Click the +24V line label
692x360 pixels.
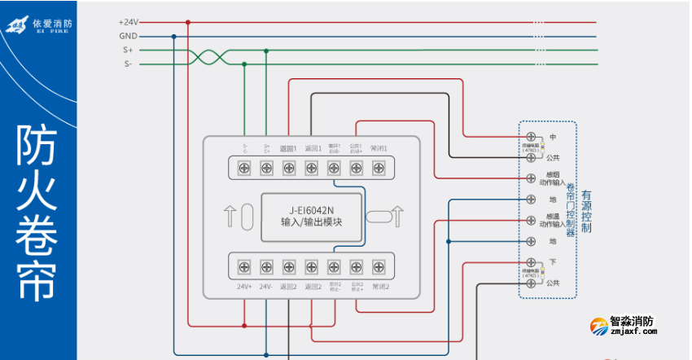pos(129,23)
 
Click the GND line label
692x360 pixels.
pos(129,37)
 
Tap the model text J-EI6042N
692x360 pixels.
pos(311,209)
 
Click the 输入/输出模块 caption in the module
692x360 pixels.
pos(311,222)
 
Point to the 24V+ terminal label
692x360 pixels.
pos(243,287)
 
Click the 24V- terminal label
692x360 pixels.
pos(266,287)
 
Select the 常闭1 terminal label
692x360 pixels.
pos(379,149)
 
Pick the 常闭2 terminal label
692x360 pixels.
pos(380,287)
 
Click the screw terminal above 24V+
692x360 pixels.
pos(243,266)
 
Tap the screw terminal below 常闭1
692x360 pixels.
pos(379,168)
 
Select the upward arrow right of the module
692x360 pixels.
pos(397,216)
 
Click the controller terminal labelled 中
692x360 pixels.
pos(531,136)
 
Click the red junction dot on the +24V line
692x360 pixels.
pos(188,23)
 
